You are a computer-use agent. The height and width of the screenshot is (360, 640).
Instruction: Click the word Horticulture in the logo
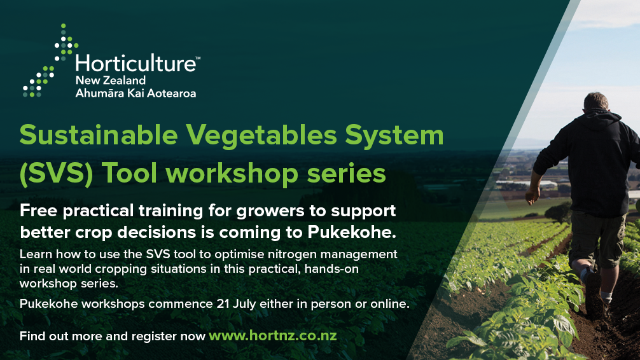[136, 63]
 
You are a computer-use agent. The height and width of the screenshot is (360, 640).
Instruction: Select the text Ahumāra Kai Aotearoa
[136, 93]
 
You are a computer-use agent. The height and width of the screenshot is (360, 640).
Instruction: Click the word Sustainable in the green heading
[99, 135]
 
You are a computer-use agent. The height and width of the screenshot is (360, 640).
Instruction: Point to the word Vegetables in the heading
[261, 135]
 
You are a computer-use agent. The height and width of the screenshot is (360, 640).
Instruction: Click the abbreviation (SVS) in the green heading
[57, 174]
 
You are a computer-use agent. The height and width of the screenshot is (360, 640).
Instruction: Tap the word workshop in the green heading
[232, 173]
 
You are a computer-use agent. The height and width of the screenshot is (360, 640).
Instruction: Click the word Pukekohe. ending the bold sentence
[352, 232]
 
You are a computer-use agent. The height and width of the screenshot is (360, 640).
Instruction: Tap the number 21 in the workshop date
[223, 304]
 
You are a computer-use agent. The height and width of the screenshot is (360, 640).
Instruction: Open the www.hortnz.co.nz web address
[273, 335]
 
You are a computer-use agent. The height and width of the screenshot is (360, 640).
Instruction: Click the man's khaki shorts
[597, 239]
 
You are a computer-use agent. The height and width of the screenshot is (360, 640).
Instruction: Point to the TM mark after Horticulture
[198, 58]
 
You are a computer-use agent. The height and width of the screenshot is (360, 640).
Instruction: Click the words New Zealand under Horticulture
[111, 80]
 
